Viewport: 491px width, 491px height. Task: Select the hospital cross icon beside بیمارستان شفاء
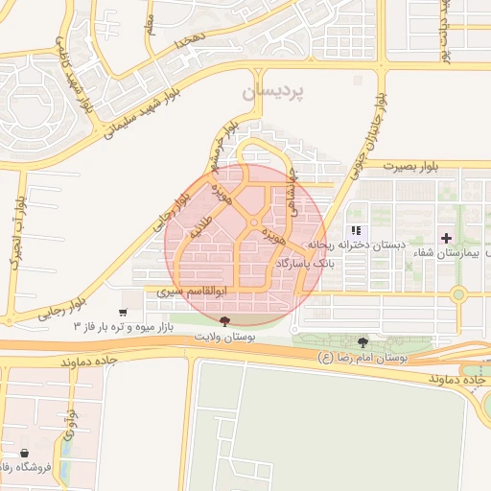click(x=445, y=237)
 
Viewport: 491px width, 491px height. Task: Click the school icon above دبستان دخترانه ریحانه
click(x=357, y=230)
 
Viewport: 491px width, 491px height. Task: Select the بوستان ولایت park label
click(x=224, y=338)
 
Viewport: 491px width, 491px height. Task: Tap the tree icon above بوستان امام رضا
click(x=362, y=342)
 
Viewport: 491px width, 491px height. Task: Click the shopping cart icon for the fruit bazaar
click(x=123, y=313)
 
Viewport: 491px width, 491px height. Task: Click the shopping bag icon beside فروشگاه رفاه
click(x=24, y=453)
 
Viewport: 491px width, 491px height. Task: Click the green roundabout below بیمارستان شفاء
click(x=458, y=294)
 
